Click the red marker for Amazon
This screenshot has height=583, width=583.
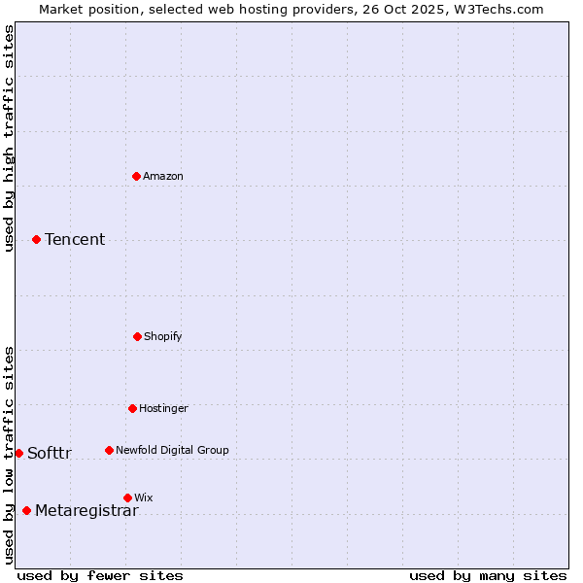(x=136, y=176)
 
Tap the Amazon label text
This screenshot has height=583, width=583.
(x=163, y=177)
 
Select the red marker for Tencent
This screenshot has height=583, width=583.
(x=36, y=239)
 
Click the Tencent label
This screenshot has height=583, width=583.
(x=75, y=240)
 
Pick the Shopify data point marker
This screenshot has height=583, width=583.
(x=137, y=336)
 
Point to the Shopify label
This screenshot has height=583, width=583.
(x=163, y=337)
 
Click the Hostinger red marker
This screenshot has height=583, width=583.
(x=132, y=408)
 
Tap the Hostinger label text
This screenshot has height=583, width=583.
(x=163, y=409)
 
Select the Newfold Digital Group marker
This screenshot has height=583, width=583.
(x=109, y=450)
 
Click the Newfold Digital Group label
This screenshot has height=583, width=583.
(x=172, y=451)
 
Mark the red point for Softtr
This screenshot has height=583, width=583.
(x=18, y=453)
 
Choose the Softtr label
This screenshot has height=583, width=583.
(x=50, y=454)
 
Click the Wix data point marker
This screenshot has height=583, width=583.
(x=127, y=497)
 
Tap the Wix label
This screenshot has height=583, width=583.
(x=144, y=498)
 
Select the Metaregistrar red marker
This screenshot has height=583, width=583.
(x=26, y=510)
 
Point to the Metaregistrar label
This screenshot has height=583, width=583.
(x=86, y=511)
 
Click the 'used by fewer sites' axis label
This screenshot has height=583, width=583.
(x=100, y=575)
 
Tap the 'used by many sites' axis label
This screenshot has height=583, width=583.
(x=488, y=575)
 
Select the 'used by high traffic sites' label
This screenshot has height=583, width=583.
(x=10, y=138)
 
